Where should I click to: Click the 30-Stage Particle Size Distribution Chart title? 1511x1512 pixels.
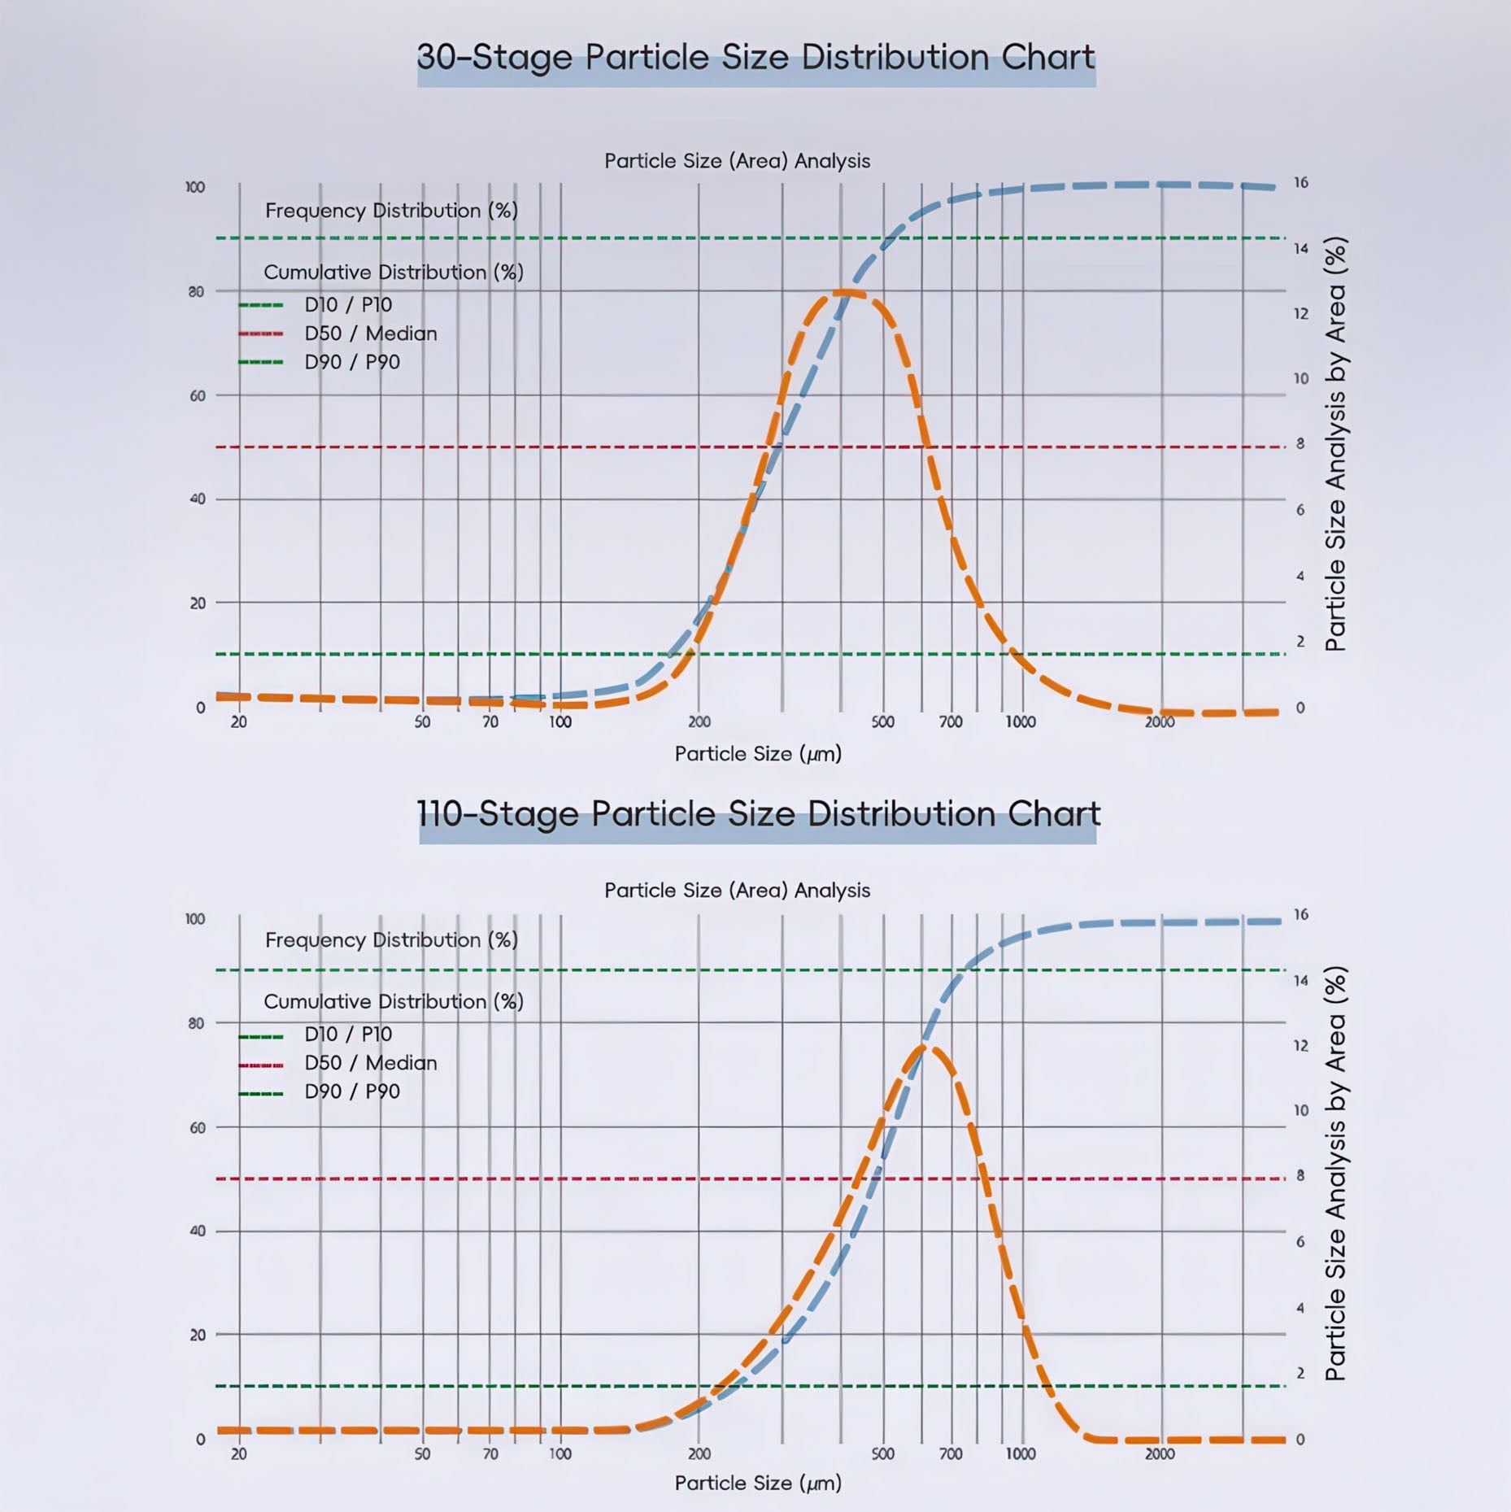pos(755,58)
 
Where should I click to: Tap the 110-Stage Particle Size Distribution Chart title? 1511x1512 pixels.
pos(758,814)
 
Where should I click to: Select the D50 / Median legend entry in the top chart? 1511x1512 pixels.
pos(370,333)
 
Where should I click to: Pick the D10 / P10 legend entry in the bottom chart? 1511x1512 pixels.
pos(348,1035)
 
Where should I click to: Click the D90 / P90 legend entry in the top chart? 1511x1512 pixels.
pos(352,362)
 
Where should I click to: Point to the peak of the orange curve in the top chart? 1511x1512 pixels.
pos(846,292)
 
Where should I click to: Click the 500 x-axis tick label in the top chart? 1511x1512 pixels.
pos(882,722)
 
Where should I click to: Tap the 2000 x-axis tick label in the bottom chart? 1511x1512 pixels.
pos(1160,1454)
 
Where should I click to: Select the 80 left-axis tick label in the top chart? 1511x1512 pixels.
pos(196,291)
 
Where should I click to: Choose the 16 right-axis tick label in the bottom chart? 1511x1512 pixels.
pos(1300,915)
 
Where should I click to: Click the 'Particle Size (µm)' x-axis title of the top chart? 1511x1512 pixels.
pos(757,754)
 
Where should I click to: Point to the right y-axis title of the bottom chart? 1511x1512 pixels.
pos(1335,1173)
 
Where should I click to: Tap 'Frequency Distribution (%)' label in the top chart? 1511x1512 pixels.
pos(391,211)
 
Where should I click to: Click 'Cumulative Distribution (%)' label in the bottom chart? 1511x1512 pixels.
pos(393,1002)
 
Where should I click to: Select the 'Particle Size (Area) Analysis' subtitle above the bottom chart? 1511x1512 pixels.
pos(737,891)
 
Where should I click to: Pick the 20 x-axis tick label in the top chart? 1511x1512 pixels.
pos(238,722)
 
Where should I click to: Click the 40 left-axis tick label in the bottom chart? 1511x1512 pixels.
pos(197,1231)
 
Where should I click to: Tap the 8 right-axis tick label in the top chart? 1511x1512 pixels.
pos(1300,444)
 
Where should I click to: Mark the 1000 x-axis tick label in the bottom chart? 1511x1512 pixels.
pos(1020,1454)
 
